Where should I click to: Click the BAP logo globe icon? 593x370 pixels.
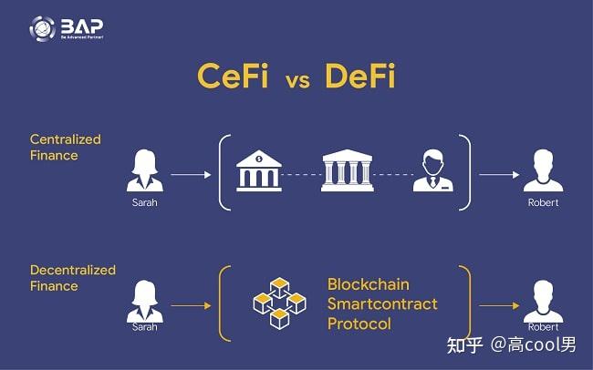42,28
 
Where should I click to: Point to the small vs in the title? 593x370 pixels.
296,79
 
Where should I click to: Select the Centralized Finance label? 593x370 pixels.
66,148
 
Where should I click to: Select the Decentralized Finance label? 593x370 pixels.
73,278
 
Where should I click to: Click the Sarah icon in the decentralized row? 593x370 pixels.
143,297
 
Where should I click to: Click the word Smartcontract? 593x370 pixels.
382,303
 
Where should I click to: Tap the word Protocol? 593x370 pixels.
359,324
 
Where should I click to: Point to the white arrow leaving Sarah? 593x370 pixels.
189,172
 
